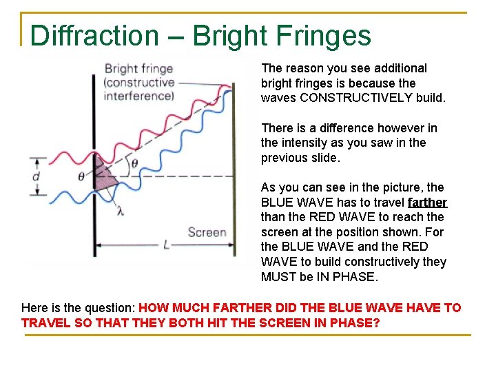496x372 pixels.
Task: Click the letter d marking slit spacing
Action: [36, 176]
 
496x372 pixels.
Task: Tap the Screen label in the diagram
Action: [207, 231]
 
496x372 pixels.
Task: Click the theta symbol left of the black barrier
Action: [81, 176]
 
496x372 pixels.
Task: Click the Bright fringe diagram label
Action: [138, 69]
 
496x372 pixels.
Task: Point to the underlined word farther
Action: [427, 203]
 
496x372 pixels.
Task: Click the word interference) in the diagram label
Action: [138, 96]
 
